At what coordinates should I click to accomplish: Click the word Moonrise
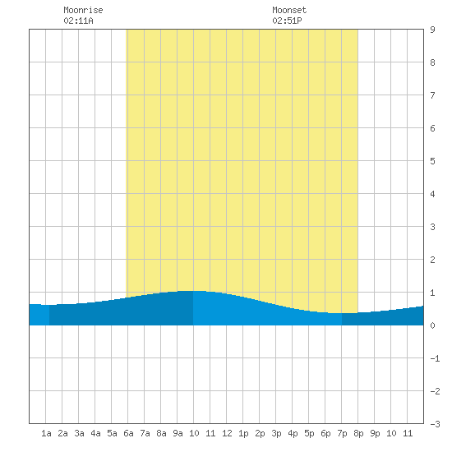[x=83, y=10]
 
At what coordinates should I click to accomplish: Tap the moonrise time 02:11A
[x=78, y=21]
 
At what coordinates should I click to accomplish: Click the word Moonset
[x=289, y=10]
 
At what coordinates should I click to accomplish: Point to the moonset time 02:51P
[x=287, y=21]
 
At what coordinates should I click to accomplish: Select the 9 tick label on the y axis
[x=432, y=30]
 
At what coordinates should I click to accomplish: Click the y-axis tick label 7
[x=432, y=95]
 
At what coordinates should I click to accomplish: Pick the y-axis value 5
[x=432, y=161]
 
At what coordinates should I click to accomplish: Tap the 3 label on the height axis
[x=432, y=227]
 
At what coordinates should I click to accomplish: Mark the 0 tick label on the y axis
[x=432, y=325]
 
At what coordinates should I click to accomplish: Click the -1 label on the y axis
[x=435, y=358]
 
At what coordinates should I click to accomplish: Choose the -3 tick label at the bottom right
[x=435, y=424]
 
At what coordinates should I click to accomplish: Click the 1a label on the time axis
[x=46, y=433]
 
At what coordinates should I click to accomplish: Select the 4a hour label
[x=95, y=433]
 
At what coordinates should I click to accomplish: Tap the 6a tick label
[x=128, y=433]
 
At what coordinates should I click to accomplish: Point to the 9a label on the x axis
[x=178, y=433]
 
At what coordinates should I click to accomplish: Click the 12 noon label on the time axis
[x=227, y=433]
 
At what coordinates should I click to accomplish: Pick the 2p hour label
[x=260, y=433]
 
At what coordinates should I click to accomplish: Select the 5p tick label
[x=309, y=433]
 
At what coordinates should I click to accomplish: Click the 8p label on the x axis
[x=358, y=433]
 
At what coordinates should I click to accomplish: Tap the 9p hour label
[x=375, y=433]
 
